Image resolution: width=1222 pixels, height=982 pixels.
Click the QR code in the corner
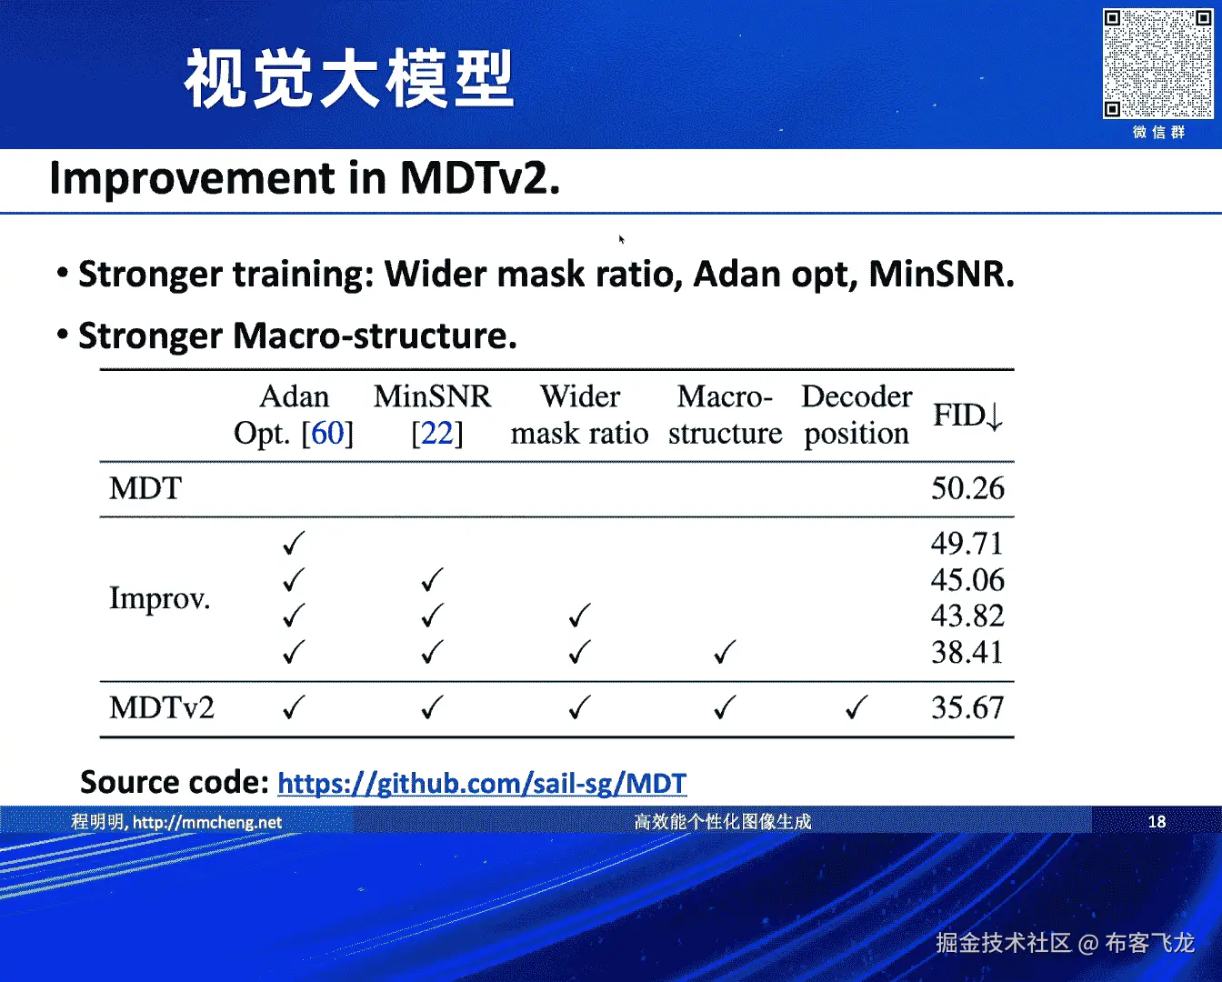1157,64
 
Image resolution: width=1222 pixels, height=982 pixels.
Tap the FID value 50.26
967,488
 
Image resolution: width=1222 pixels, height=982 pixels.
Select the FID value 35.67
967,707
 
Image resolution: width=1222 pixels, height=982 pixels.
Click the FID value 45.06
967,579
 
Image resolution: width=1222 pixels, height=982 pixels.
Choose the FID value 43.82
967,616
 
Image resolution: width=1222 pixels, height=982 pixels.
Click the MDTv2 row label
162,707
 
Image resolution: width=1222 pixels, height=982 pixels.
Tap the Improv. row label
159,598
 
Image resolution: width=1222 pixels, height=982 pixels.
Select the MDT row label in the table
145,488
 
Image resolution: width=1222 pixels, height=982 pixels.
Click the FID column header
968,416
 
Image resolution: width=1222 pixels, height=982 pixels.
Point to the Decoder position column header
856,415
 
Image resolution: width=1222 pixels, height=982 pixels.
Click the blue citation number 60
327,434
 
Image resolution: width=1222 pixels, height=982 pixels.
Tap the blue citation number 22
436,434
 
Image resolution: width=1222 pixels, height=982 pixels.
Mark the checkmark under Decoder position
856,707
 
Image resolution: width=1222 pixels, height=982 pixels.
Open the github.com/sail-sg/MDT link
482,783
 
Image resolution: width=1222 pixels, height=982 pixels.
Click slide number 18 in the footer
1157,822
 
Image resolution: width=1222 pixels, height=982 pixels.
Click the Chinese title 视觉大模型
348,78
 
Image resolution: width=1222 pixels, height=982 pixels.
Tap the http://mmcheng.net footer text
207,822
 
